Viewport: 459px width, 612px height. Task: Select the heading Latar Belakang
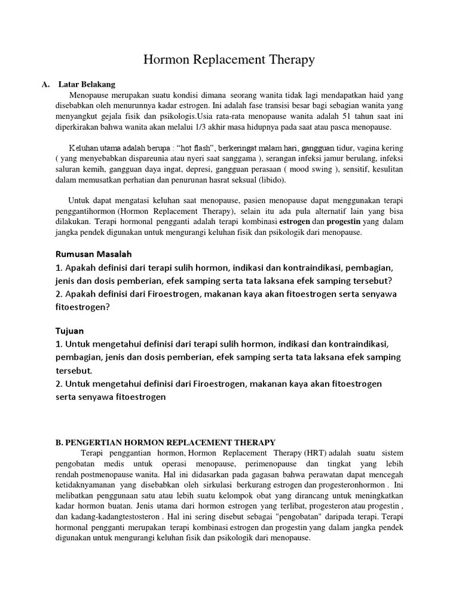(87, 84)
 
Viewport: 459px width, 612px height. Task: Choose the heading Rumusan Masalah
(94, 253)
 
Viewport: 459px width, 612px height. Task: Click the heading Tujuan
(70, 331)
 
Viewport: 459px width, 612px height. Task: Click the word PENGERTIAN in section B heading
(97, 442)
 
